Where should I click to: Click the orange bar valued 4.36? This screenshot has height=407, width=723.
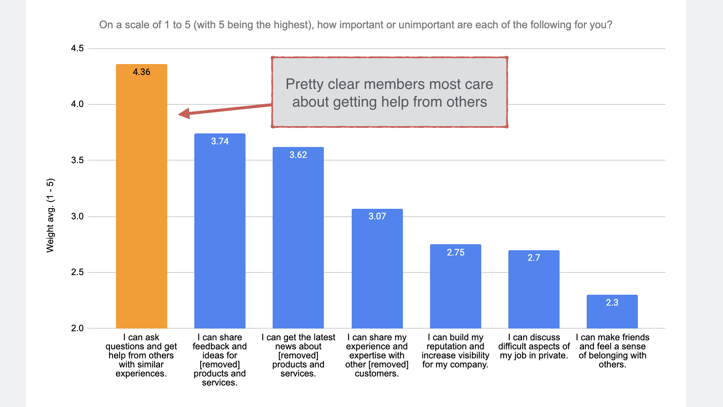point(141,196)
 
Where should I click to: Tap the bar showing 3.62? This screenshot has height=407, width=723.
point(298,237)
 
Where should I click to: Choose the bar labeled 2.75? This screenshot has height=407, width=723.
point(455,286)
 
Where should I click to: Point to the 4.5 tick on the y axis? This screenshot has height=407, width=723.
point(77,48)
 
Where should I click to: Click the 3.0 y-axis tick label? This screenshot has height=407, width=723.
point(77,216)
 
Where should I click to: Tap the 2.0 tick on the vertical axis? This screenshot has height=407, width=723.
point(77,328)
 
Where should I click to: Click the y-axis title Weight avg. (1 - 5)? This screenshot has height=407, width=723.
point(50,215)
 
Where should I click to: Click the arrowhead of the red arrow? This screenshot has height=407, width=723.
point(184,113)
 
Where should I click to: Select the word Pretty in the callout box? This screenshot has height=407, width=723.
point(304,84)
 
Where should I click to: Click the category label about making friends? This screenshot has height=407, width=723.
point(612,351)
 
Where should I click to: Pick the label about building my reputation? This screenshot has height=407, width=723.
point(455,351)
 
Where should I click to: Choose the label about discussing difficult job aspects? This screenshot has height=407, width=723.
point(534,346)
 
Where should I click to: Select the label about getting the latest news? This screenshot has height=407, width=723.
point(298,355)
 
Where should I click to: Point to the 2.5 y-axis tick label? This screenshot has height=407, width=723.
point(77,272)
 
